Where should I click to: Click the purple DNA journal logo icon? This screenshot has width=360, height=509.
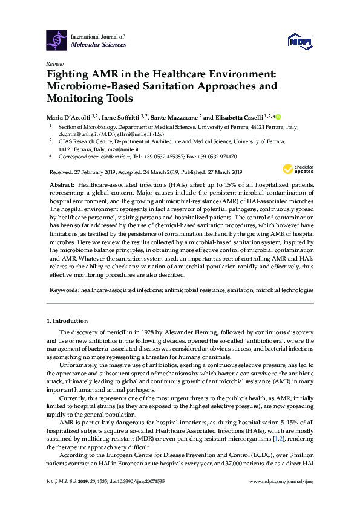tap(57, 40)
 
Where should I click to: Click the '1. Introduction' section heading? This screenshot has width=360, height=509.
tap(67, 320)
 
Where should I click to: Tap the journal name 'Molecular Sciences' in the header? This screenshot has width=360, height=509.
tap(99, 44)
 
